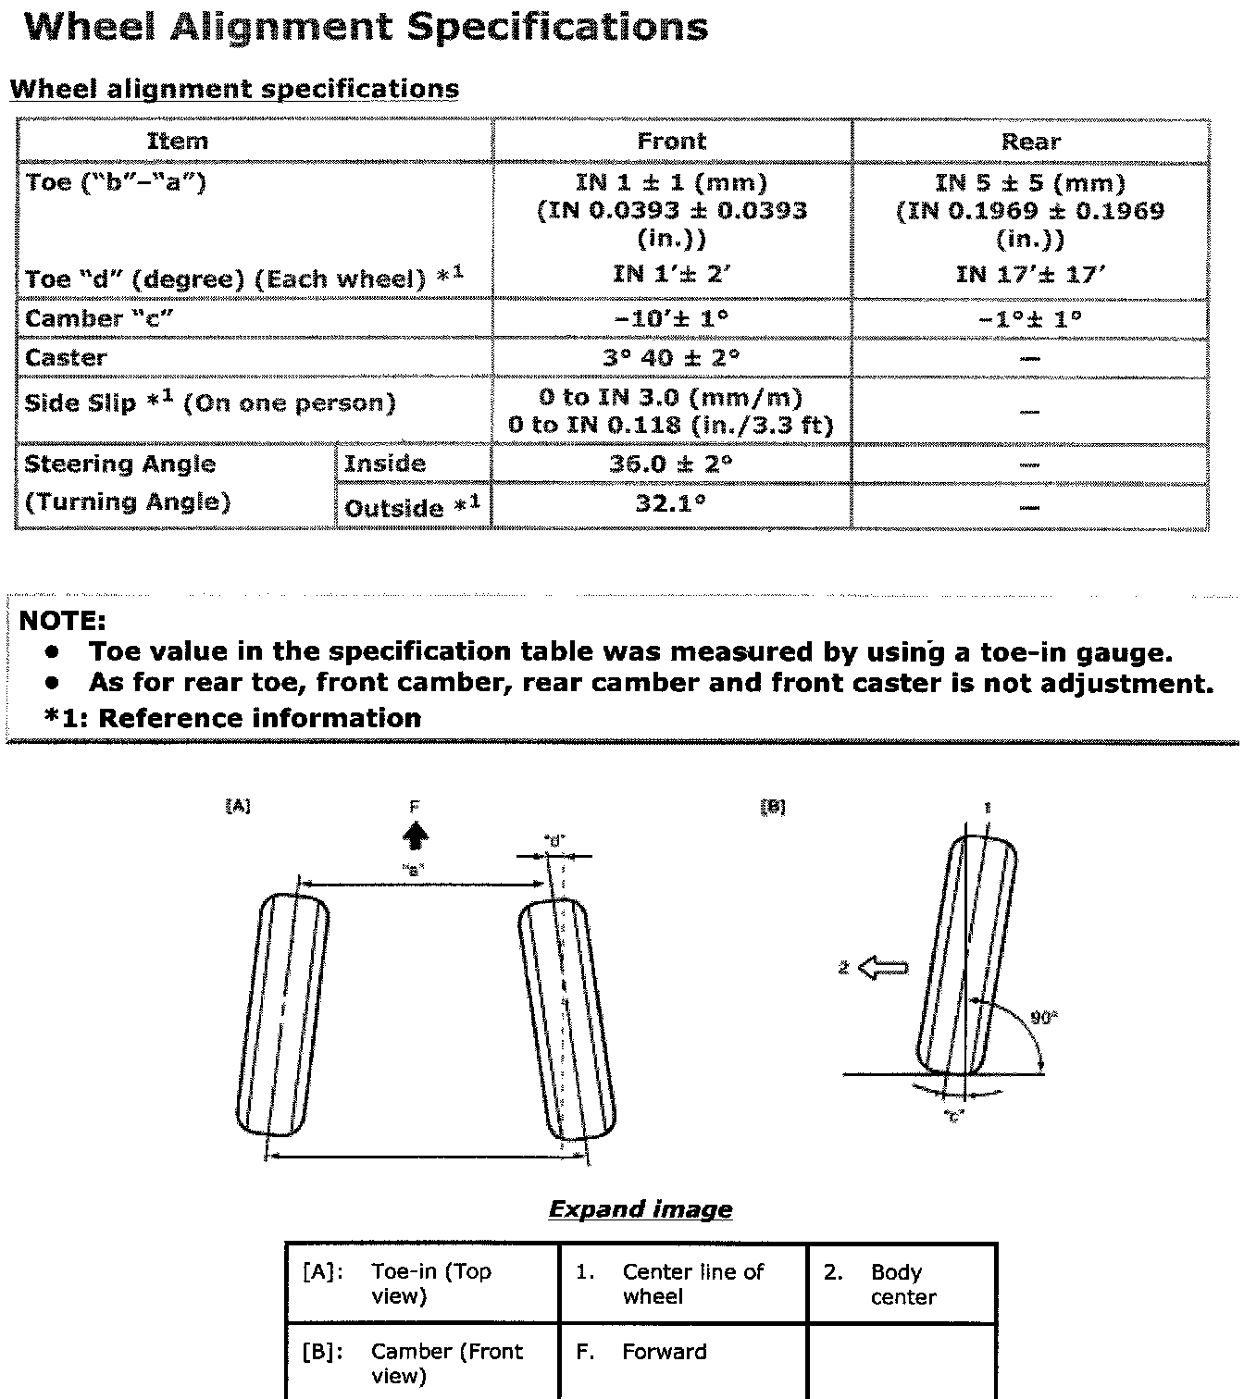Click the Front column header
coord(671,142)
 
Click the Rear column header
coord(1030,142)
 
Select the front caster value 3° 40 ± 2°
coord(671,358)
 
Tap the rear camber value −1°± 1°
coord(1029,319)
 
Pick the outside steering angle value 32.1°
coord(671,504)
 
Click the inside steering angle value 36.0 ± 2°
coord(671,464)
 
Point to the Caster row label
coord(66,358)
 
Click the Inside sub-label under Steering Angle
coord(384,464)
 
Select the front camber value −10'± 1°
coord(671,319)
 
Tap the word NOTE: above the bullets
coord(63,621)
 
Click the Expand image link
coord(640,1209)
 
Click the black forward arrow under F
coord(416,836)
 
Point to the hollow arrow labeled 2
coord(883,969)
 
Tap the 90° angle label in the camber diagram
coord(1043,1018)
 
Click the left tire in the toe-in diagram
coord(283,1013)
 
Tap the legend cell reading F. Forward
coord(663,1352)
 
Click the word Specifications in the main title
coord(558,27)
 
